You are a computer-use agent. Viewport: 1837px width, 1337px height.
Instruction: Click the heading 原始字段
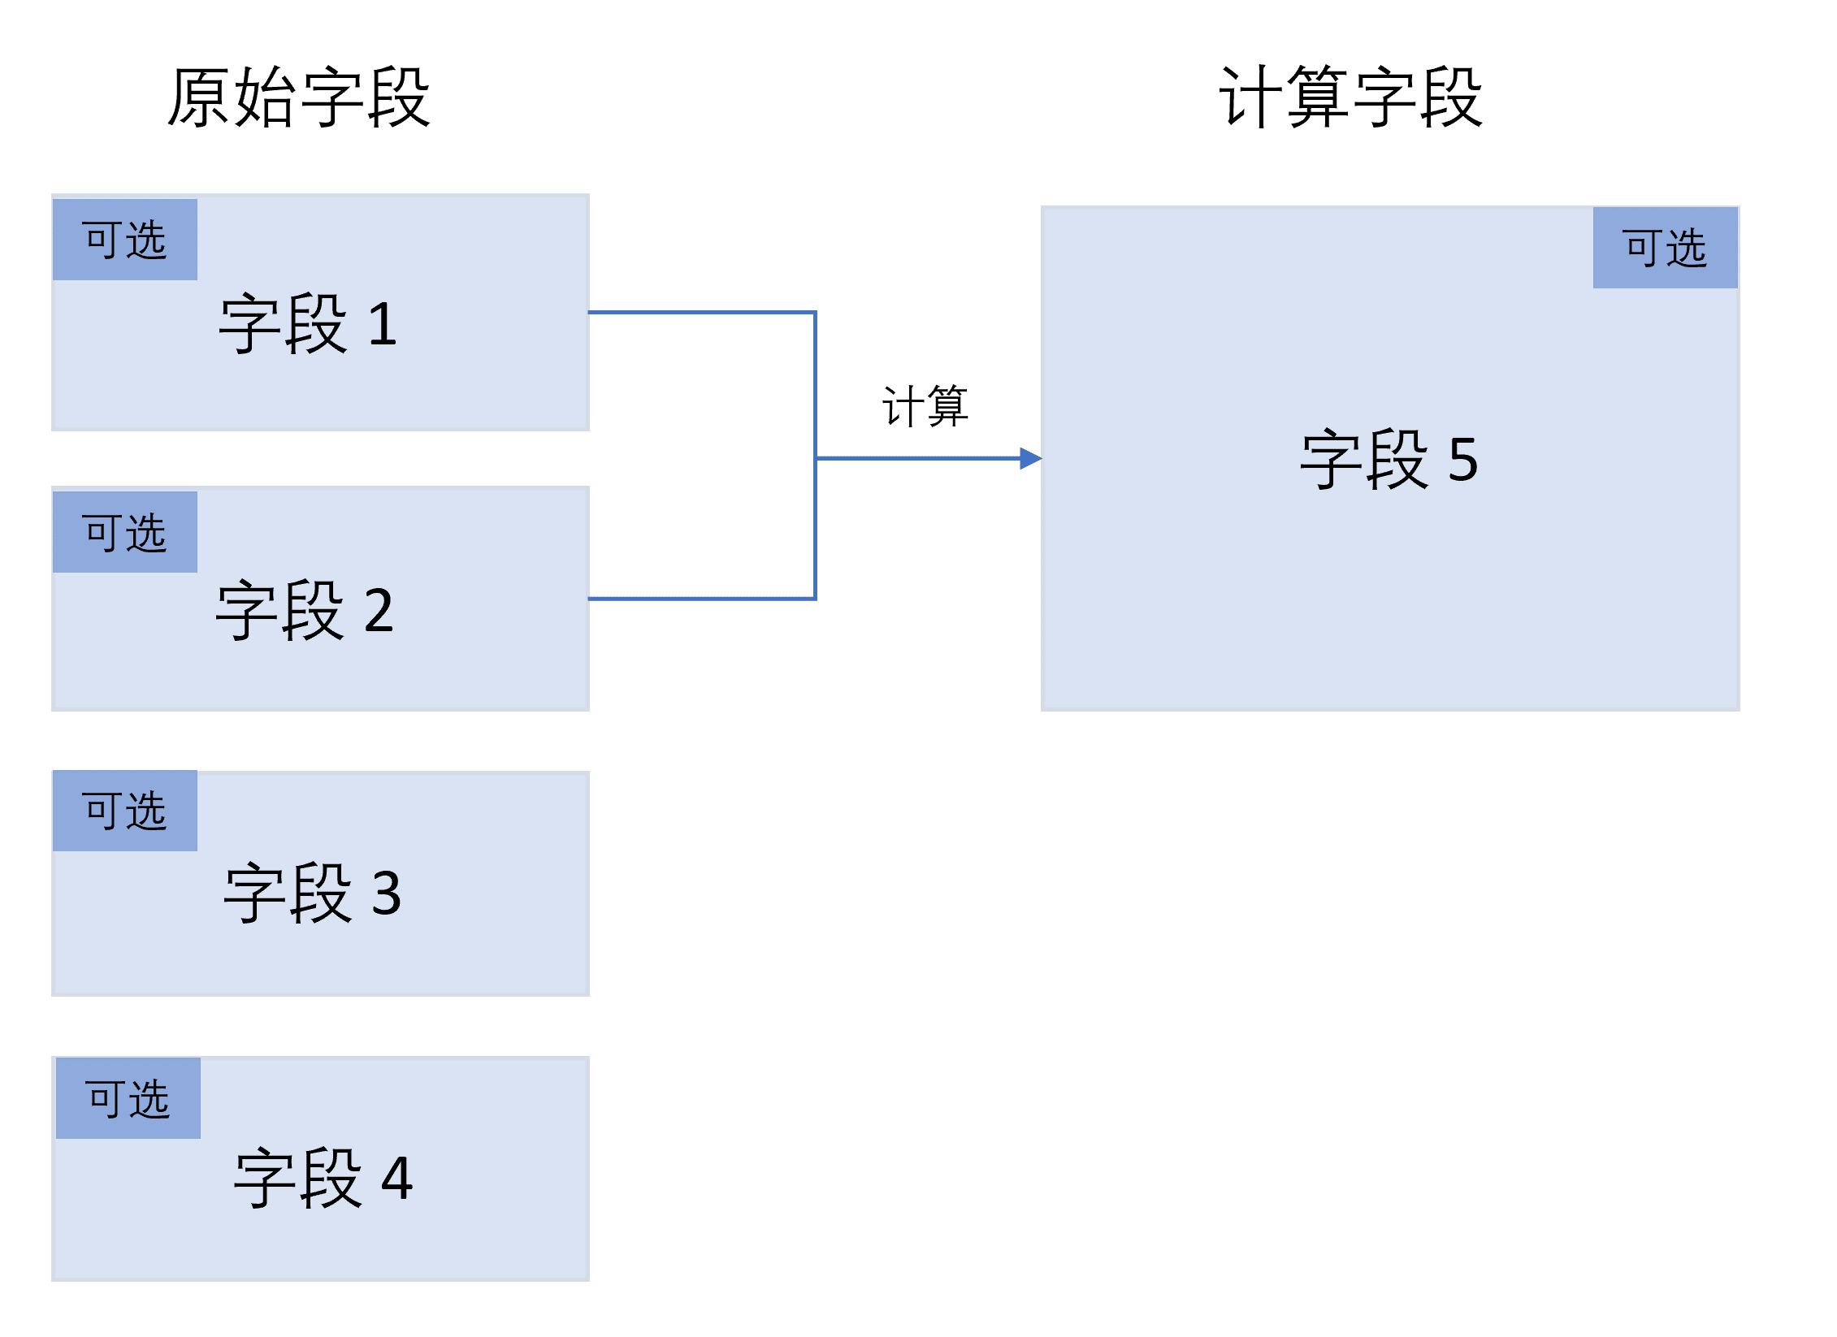[298, 97]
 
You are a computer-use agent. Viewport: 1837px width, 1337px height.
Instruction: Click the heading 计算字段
[1350, 97]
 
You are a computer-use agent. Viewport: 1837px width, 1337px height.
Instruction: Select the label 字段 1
[308, 324]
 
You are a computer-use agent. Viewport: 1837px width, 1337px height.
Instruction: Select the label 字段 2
[305, 610]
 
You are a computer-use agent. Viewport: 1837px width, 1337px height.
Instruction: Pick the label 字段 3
[313, 893]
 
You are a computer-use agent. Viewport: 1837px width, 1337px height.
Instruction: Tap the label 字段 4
[323, 1178]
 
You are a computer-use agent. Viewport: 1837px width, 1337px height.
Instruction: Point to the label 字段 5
[1389, 460]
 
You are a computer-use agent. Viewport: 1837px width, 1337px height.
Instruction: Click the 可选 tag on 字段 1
[125, 240]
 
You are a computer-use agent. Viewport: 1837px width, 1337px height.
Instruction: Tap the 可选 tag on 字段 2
[125, 533]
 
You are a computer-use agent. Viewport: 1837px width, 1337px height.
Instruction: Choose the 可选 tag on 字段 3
[125, 811]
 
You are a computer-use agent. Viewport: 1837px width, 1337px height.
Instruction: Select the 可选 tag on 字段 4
[128, 1098]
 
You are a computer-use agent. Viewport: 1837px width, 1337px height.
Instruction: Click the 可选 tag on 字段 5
[1665, 248]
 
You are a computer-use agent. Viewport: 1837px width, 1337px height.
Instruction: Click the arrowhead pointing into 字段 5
[1030, 459]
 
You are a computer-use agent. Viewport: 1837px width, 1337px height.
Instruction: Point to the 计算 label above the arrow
[925, 406]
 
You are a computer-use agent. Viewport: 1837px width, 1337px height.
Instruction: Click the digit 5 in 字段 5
[1463, 460]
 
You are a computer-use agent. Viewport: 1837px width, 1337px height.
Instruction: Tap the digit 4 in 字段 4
[397, 1178]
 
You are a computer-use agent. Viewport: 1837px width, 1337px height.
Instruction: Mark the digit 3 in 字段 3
[387, 893]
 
